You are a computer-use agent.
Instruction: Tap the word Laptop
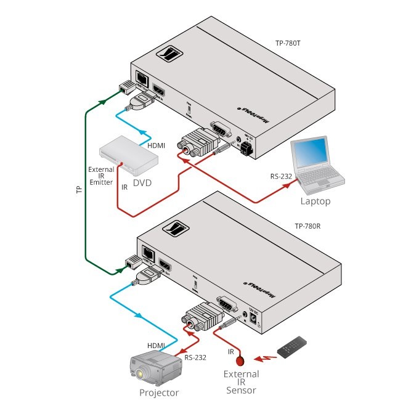[x=315, y=201]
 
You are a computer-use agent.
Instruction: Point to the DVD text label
[x=143, y=183]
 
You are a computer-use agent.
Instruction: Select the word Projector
[x=159, y=393]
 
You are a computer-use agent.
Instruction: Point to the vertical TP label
[x=78, y=190]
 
